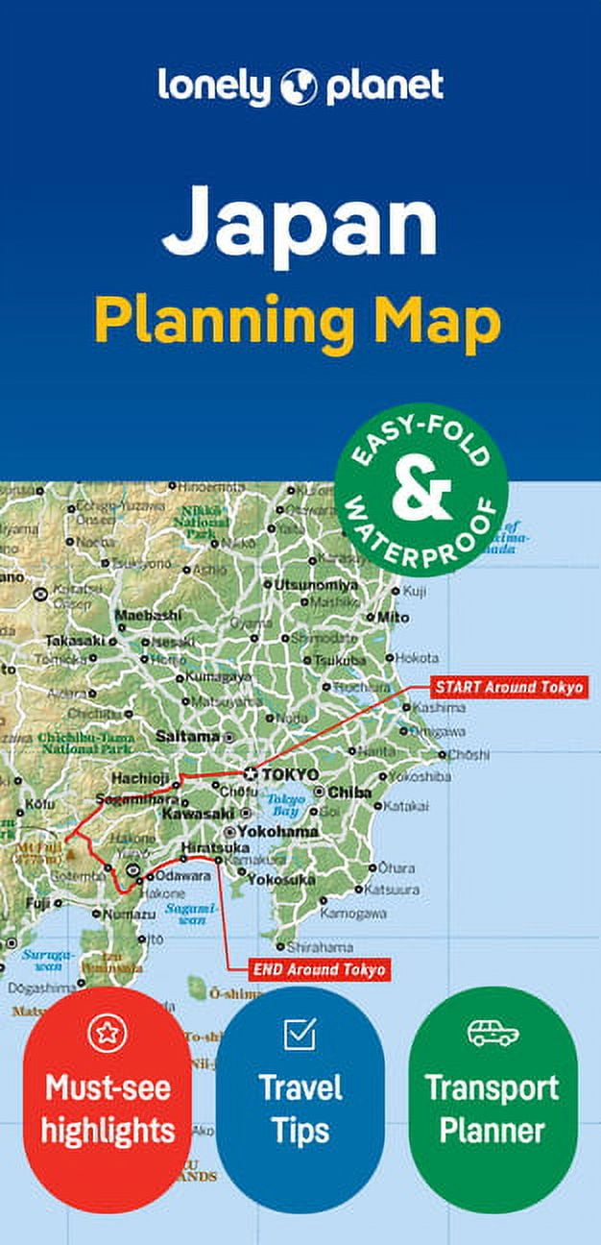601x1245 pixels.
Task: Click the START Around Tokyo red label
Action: [508, 688]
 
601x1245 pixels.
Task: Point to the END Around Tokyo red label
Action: [320, 969]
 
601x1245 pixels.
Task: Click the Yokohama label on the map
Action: [277, 831]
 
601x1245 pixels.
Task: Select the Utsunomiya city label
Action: [316, 584]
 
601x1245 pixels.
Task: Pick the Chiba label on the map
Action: [350, 793]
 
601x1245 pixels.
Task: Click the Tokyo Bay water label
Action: [285, 805]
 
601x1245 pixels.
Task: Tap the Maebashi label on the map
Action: [147, 615]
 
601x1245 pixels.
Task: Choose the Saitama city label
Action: [187, 736]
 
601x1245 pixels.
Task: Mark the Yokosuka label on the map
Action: [280, 879]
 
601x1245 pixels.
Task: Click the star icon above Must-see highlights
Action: [107, 1033]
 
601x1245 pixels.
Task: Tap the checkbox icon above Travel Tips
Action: [300, 1034]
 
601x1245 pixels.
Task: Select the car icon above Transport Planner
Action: [493, 1034]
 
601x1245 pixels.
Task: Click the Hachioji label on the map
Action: [140, 778]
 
